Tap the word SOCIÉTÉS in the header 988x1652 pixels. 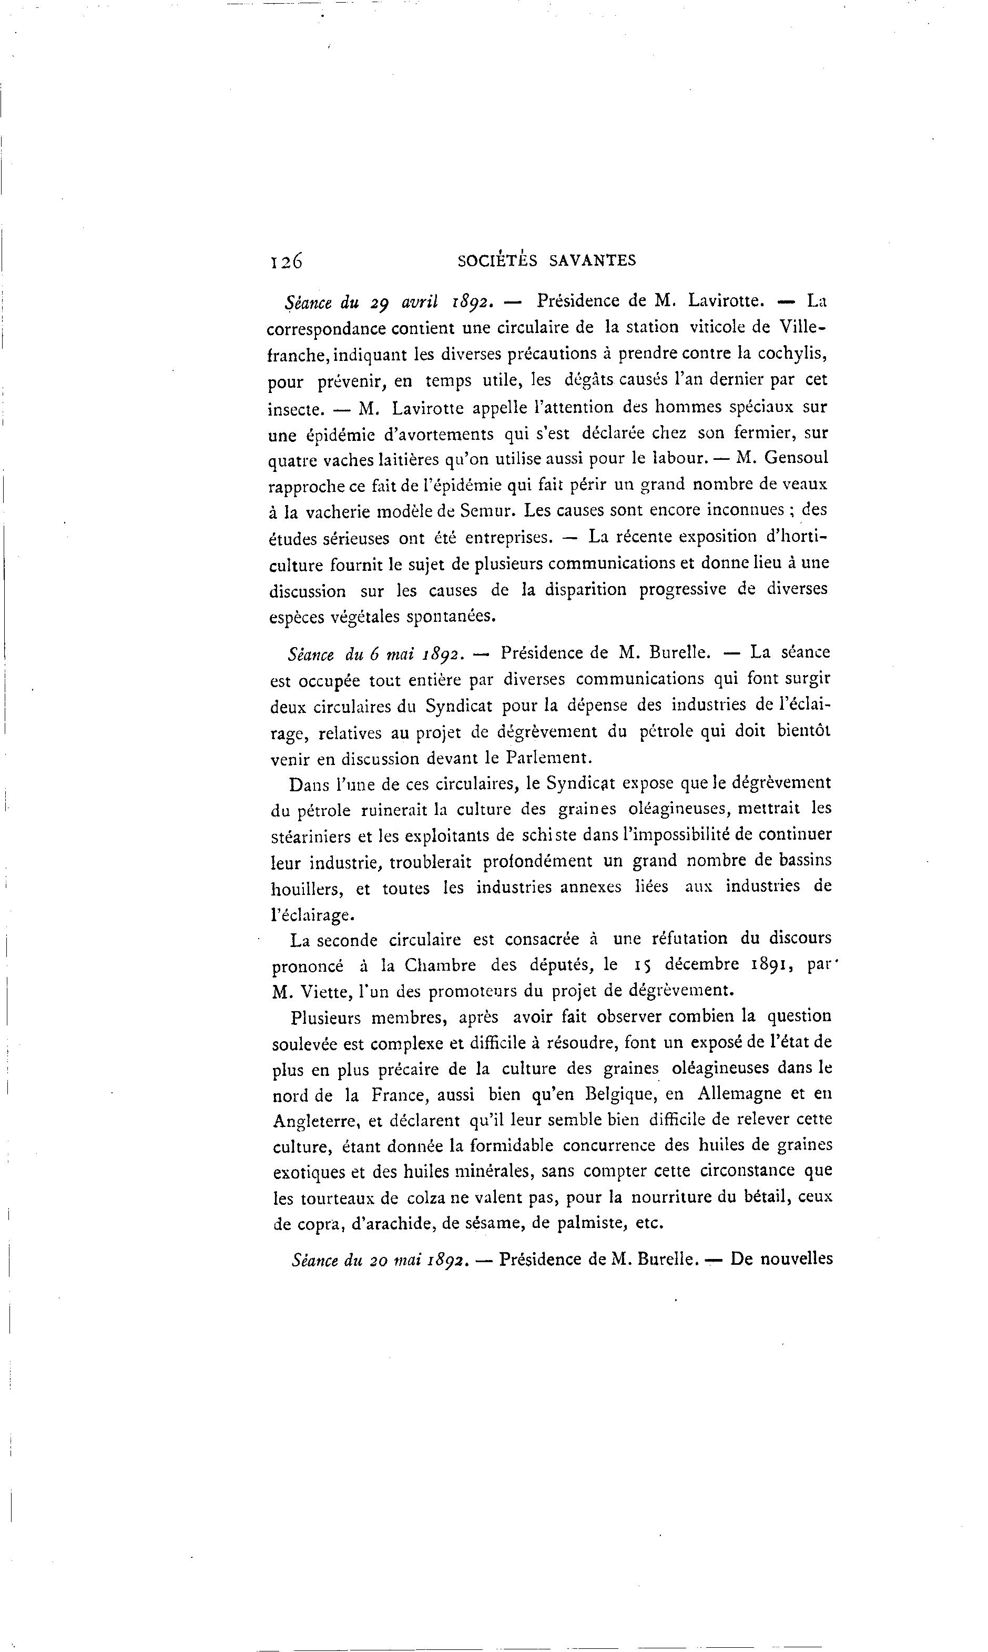(x=497, y=260)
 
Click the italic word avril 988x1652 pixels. (x=420, y=302)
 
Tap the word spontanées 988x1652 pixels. (x=451, y=617)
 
